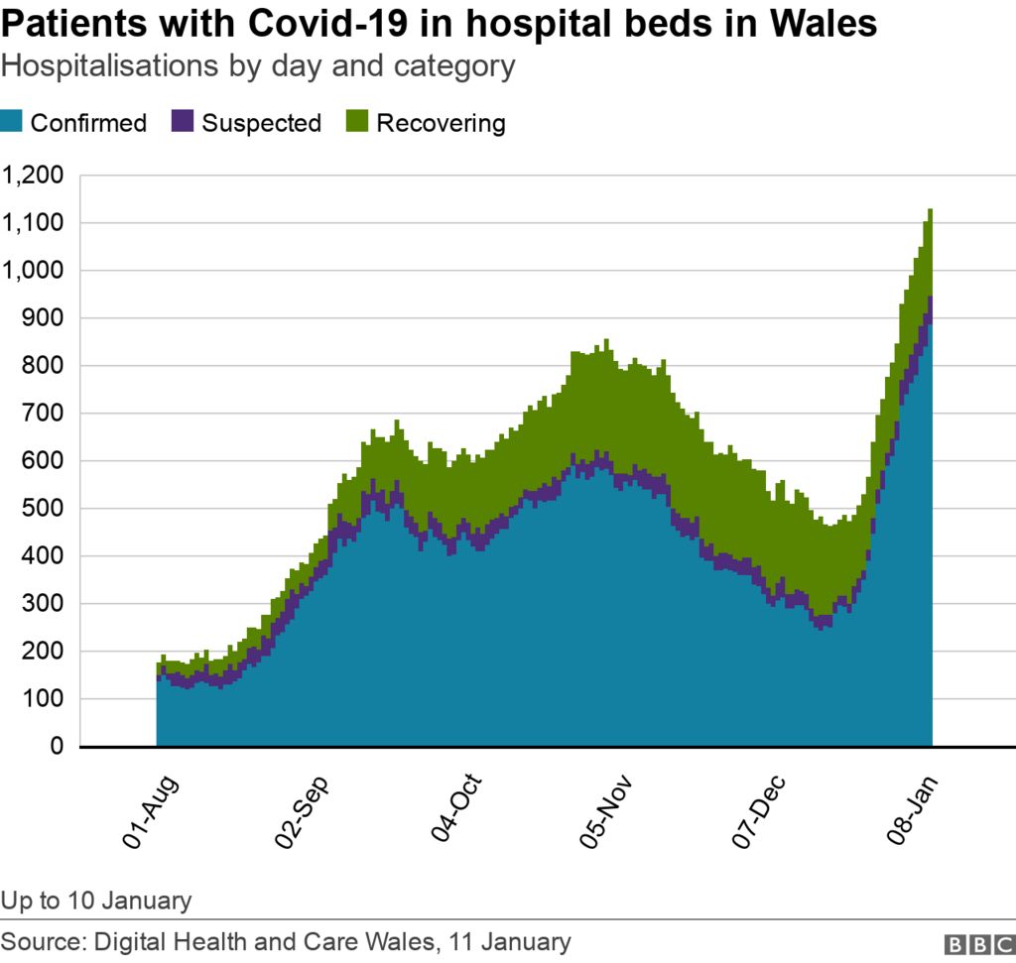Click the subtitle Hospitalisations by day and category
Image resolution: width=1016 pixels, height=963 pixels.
[x=258, y=66]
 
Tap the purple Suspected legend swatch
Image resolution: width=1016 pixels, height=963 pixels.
[x=183, y=123]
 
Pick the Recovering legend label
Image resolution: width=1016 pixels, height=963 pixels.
[x=441, y=123]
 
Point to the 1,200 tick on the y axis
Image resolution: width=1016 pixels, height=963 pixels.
[x=36, y=176]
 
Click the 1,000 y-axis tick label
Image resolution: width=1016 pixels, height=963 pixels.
[x=36, y=271]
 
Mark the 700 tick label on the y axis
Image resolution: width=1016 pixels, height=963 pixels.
[x=46, y=414]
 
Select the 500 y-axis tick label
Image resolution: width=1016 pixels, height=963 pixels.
[x=46, y=509]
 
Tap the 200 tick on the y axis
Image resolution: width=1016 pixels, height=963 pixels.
[x=46, y=652]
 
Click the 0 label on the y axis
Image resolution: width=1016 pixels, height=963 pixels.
[x=58, y=747]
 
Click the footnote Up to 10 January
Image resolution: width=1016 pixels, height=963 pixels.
[x=96, y=901]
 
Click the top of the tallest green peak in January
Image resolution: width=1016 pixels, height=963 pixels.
[x=930, y=210]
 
